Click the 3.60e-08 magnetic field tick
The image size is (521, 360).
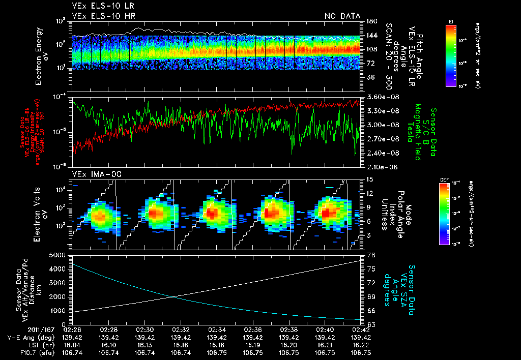[380, 97]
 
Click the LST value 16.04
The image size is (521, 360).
[73, 345]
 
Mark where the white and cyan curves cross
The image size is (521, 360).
[173, 297]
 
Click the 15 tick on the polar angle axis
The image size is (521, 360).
[370, 179]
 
